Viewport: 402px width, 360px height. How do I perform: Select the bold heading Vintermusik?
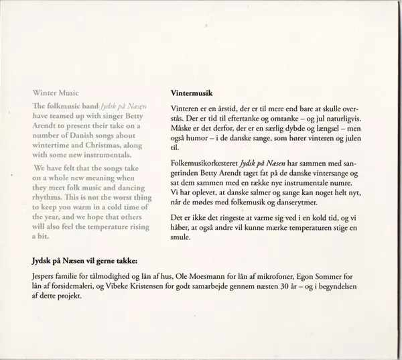coord(192,93)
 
